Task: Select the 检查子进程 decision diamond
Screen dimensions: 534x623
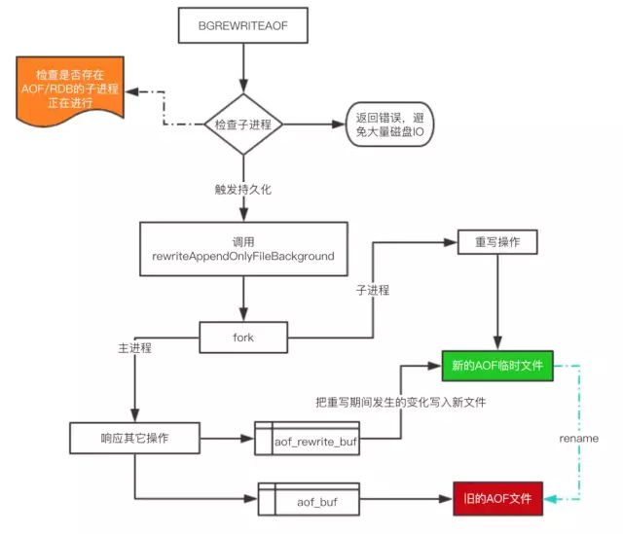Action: pyautogui.click(x=242, y=125)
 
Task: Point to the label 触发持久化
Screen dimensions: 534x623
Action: pyautogui.click(x=242, y=189)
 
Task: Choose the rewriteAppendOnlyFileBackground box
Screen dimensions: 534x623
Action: pyautogui.click(x=242, y=248)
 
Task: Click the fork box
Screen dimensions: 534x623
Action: pyautogui.click(x=242, y=337)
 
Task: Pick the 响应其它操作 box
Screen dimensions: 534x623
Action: pyautogui.click(x=134, y=438)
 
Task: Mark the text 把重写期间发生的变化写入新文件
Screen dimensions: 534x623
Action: pyautogui.click(x=401, y=402)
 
